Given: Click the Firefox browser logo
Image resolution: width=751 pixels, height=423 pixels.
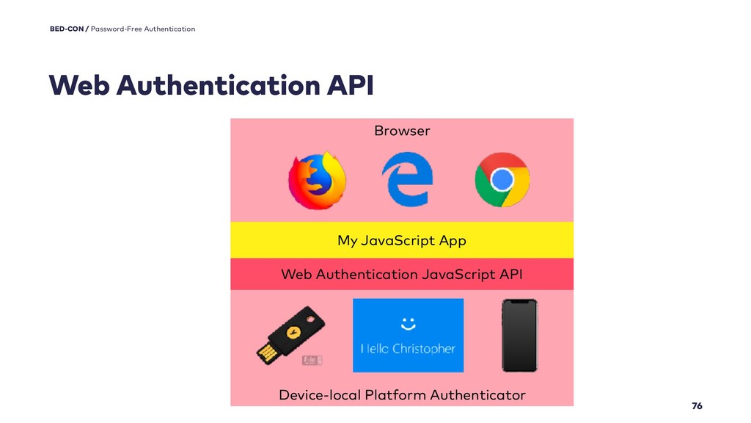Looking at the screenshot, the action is pyautogui.click(x=317, y=180).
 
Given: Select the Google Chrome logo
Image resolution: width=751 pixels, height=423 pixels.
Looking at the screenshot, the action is pyautogui.click(x=502, y=180).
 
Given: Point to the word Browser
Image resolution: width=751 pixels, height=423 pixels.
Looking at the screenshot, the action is pyautogui.click(x=402, y=131).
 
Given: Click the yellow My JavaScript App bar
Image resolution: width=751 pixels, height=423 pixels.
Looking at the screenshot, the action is pyautogui.click(x=402, y=240).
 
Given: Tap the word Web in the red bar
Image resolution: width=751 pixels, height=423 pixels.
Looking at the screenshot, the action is pyautogui.click(x=296, y=275).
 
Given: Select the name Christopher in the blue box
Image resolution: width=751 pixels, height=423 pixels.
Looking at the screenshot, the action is pyautogui.click(x=425, y=349).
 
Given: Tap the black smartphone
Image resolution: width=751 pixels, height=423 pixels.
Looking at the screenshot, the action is pyautogui.click(x=519, y=335).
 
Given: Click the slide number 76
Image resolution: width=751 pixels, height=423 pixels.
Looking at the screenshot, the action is pyautogui.click(x=697, y=406).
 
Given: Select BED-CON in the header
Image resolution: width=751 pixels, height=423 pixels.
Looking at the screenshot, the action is pyautogui.click(x=67, y=29).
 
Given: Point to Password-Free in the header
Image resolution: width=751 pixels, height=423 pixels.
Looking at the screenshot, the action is pyautogui.click(x=117, y=29).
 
